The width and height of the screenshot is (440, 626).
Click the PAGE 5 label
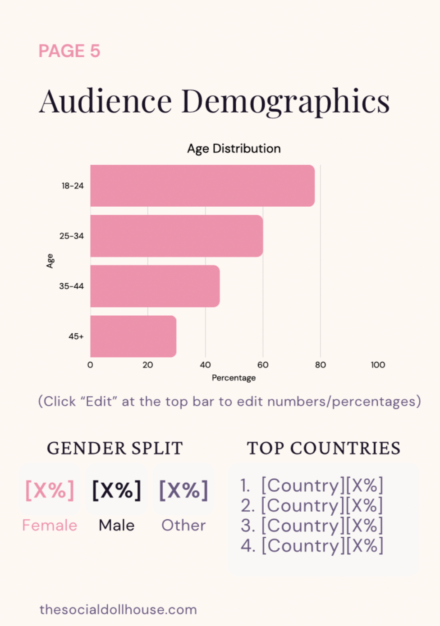coord(69,51)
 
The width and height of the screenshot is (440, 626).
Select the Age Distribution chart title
coord(234,149)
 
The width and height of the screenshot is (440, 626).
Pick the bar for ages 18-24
coord(202,186)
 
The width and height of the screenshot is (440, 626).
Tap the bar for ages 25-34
coord(176,236)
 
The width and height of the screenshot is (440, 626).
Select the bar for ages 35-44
coord(155,286)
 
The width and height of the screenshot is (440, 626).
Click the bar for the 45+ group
coord(133,336)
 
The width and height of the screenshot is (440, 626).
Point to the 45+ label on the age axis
coord(76,336)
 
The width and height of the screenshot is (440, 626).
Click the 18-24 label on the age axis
coord(73,186)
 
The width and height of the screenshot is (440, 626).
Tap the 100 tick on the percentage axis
coord(378,365)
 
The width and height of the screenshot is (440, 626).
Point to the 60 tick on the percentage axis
coord(263,365)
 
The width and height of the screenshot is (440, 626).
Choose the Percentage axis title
coord(234,378)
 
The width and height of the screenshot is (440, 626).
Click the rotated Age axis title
coord(50,261)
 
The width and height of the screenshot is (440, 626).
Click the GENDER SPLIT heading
coord(115,448)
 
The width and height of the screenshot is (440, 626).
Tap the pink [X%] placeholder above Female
coord(50,490)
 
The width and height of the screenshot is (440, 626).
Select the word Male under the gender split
coord(116,525)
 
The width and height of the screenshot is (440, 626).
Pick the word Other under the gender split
coord(183,525)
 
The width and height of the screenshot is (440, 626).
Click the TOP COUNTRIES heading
coord(324,448)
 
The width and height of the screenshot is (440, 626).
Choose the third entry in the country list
coord(312,526)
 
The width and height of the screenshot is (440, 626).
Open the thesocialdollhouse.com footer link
coord(118,609)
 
